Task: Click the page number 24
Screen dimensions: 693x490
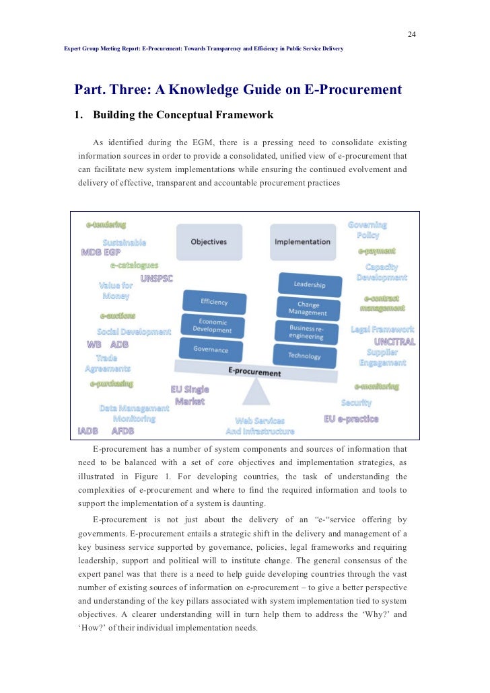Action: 412,35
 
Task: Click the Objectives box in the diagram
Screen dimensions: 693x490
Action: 209,242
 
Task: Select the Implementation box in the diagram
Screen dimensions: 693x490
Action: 303,242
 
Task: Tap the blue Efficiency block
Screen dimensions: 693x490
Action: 215,301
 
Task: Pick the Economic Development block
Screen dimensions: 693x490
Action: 212,325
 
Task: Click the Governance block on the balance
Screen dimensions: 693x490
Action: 211,350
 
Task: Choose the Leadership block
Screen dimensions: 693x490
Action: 309,285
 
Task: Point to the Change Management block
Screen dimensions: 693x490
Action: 308,309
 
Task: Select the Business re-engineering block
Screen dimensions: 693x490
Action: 306,332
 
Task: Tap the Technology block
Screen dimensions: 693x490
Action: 304,356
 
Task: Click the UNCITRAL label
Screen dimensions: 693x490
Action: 394,341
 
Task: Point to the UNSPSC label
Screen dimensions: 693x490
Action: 157,278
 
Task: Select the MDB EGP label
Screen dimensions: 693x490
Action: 101,253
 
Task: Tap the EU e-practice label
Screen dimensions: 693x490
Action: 351,418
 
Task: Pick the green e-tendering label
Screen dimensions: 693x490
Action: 106,225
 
